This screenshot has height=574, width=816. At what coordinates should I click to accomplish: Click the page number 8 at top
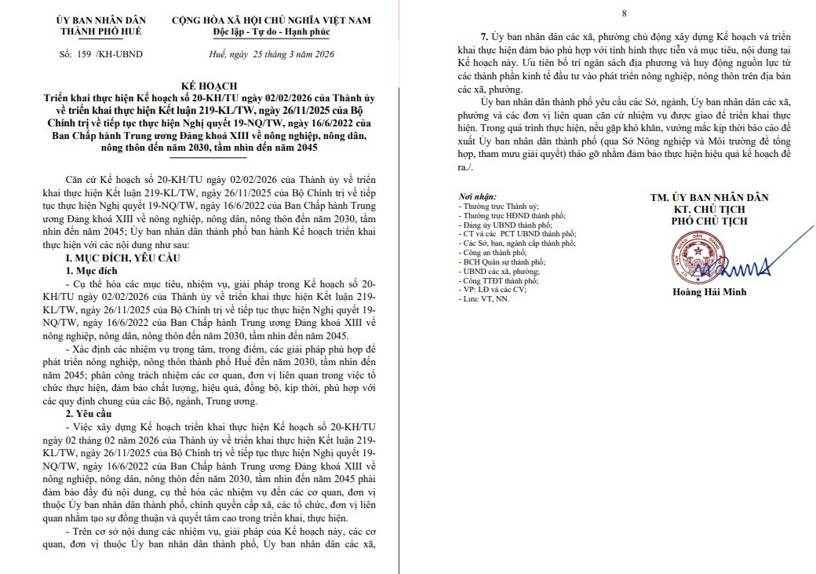click(x=624, y=13)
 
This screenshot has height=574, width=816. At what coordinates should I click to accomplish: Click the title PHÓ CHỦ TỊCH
click(x=710, y=221)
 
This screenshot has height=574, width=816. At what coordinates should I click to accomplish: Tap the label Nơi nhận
click(x=476, y=195)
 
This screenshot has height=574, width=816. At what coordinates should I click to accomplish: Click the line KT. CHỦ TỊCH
click(x=710, y=209)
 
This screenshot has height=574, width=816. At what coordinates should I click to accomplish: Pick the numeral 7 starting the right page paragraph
click(x=483, y=37)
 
